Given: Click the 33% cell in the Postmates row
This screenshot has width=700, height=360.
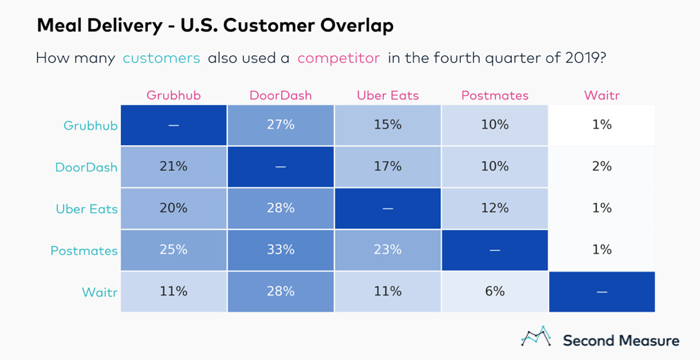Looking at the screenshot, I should tap(281, 249).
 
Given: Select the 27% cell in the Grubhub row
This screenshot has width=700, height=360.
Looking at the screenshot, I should tap(281, 125).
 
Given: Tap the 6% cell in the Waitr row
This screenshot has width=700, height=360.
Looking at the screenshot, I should tap(495, 291).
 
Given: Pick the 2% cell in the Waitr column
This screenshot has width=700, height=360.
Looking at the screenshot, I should tap(602, 167).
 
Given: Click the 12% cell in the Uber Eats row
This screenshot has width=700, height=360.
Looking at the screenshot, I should tap(495, 208).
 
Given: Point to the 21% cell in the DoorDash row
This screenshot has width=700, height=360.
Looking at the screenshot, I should tap(173, 167).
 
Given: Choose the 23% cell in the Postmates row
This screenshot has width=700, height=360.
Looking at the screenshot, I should tap(388, 249).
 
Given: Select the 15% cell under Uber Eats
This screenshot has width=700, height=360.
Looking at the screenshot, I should tap(388, 125).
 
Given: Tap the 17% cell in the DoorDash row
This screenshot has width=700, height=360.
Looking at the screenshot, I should tap(388, 167).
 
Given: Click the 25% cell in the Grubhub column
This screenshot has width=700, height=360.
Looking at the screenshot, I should tap(173, 249).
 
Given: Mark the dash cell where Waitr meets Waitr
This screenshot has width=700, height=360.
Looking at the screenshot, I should tap(602, 292).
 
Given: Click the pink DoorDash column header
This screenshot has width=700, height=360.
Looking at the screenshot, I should tap(281, 95).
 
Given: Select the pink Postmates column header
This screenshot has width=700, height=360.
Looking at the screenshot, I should tap(495, 95).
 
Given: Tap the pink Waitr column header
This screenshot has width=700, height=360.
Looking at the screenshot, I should tap(602, 95).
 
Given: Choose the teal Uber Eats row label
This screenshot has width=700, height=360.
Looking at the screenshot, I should tap(86, 209).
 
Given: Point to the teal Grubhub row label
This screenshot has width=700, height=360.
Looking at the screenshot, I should tap(90, 126).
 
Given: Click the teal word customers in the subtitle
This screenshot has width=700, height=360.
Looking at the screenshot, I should tap(161, 58).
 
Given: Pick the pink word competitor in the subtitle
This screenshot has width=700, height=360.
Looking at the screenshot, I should tap(339, 58).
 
